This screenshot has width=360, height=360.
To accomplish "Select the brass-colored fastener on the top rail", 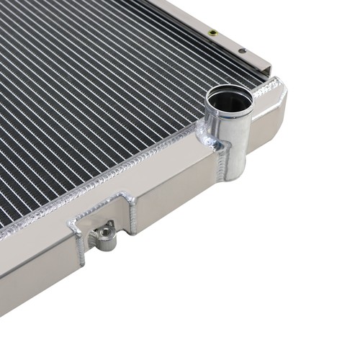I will pos(211,32).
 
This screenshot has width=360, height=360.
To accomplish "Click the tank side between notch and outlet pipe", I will pos(173,194).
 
